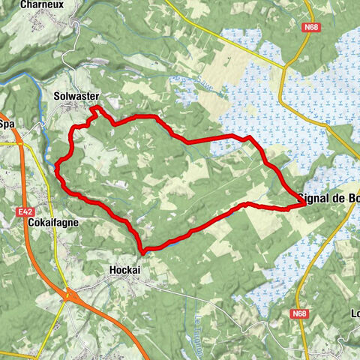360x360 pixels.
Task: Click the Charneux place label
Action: tap(43, 4)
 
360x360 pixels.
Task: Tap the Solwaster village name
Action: tap(76, 97)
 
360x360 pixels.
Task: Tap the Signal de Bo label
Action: tap(328, 198)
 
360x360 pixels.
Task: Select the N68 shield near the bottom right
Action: tap(301, 313)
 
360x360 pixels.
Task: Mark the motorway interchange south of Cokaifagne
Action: tap(69, 295)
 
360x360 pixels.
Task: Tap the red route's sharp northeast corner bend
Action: tap(250, 139)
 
